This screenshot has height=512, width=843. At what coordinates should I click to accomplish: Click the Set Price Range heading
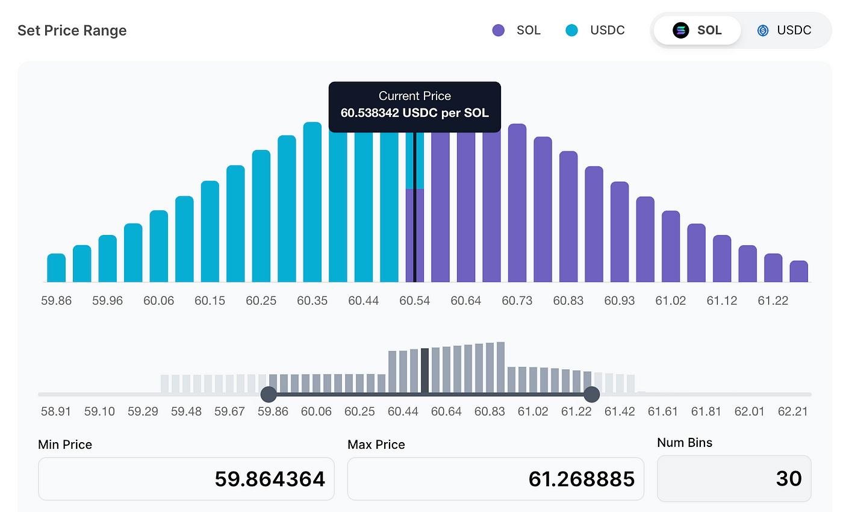(72, 31)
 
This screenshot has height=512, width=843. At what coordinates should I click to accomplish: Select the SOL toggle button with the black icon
(697, 30)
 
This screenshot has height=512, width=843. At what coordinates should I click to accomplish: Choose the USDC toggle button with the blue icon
(785, 30)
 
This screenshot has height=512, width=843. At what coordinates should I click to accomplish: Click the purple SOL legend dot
(499, 30)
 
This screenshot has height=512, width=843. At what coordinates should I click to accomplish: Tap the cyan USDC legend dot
(573, 30)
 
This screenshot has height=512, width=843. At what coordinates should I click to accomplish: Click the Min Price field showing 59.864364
(186, 479)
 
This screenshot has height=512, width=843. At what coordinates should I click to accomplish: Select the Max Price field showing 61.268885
(496, 479)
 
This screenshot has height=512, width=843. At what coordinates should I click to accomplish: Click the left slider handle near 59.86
(269, 395)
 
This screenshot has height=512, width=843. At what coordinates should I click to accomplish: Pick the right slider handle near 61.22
(592, 395)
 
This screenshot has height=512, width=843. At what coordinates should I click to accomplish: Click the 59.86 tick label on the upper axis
(56, 301)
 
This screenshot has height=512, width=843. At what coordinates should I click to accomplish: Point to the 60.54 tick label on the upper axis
(415, 301)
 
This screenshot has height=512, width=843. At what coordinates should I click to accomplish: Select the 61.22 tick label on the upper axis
(773, 301)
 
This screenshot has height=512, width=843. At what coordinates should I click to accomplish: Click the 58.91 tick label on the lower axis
(56, 411)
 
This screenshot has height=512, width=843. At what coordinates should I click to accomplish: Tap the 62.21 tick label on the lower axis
(792, 411)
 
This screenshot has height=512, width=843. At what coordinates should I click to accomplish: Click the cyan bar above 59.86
(56, 268)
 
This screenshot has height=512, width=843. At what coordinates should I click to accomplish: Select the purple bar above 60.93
(620, 232)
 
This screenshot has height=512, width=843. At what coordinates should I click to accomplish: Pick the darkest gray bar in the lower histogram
(425, 370)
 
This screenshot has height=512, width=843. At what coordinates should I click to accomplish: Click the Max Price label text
(376, 445)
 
